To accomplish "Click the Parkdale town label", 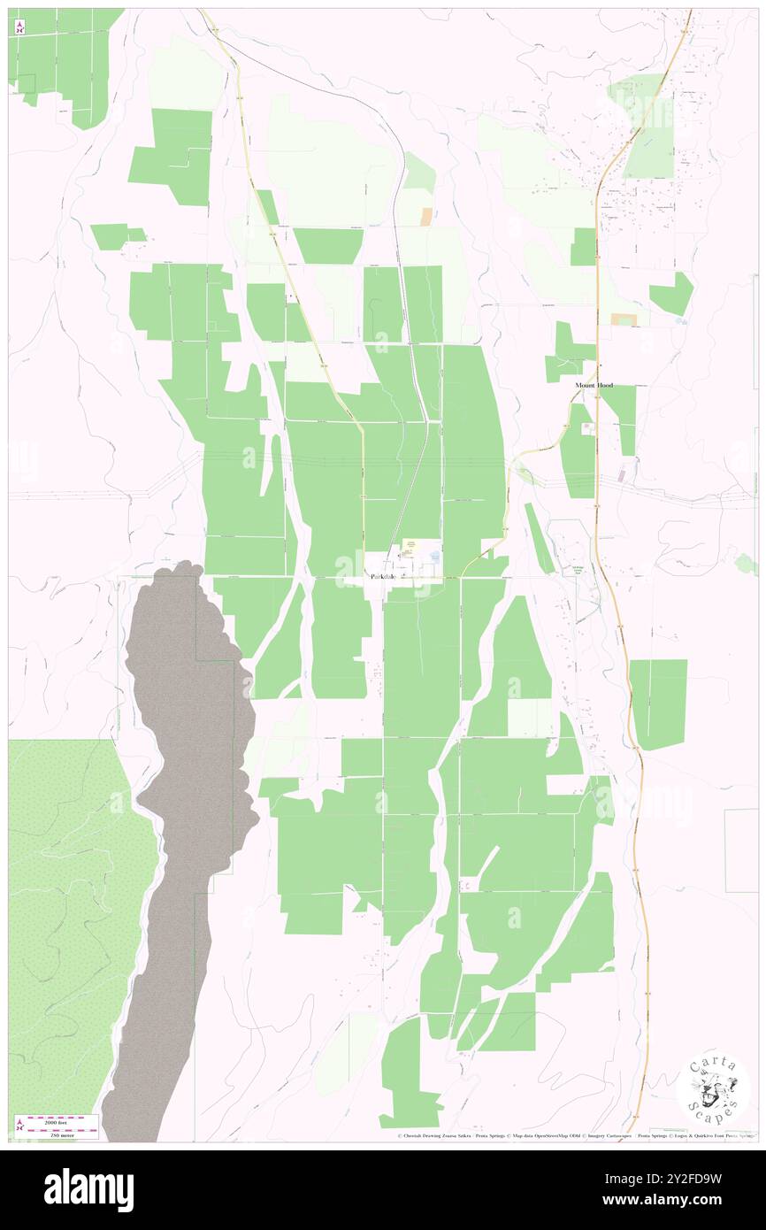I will point(381,576).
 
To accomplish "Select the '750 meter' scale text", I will point(61,1133).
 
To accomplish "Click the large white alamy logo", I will point(88,1190).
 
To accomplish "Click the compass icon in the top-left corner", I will point(19,27).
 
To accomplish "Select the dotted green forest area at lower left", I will point(71,903).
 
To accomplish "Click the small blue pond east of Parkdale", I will point(434,555).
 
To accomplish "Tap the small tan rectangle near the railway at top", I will point(427,215).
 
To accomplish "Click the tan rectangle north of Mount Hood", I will point(624,319).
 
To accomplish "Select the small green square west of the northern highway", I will point(583,246).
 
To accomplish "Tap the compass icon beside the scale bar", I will point(19,1126).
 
